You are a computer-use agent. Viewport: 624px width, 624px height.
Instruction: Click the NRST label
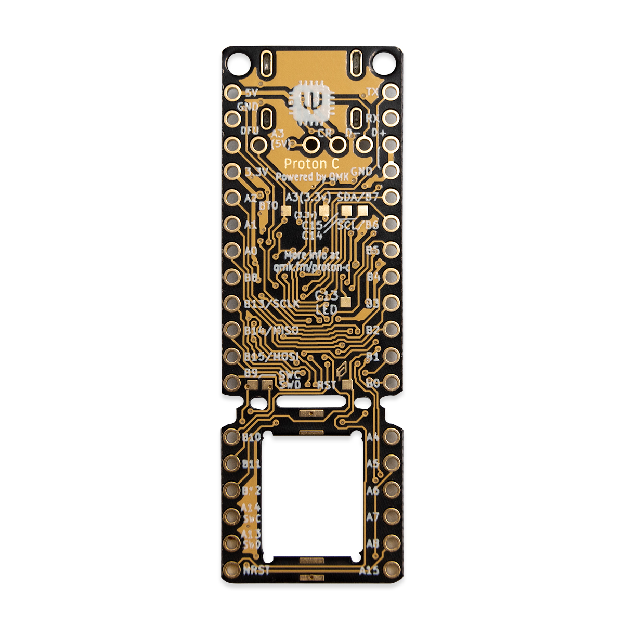click(x=257, y=570)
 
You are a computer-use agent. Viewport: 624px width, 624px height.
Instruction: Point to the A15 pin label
click(x=369, y=570)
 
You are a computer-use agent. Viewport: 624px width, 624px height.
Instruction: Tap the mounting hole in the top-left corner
click(x=237, y=62)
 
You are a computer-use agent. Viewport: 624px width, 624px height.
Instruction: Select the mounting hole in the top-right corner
click(x=385, y=62)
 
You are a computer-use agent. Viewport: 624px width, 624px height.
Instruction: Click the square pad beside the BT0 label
click(x=285, y=211)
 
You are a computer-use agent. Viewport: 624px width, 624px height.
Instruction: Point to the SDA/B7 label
click(x=358, y=197)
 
